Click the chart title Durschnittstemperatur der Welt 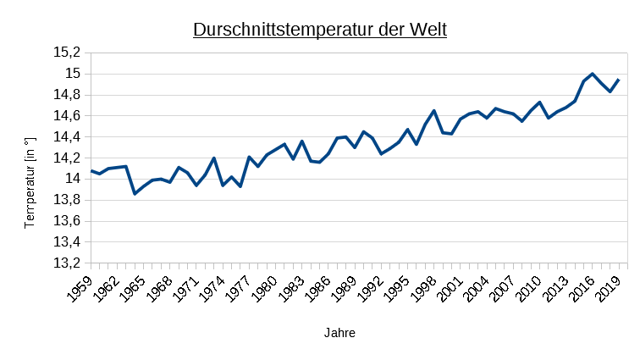320,30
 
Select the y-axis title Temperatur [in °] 30,182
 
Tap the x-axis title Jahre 339,333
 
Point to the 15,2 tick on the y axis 67,53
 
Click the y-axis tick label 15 73,74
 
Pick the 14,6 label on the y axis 67,115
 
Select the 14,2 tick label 67,158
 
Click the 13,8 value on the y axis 67,200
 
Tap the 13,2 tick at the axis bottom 67,263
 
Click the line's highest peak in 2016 593,74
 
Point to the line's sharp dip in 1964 135,194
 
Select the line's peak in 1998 434,110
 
